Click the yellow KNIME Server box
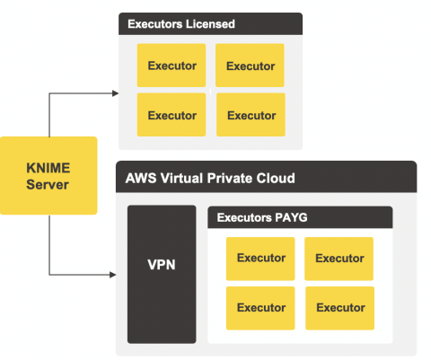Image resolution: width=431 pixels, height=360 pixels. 48,176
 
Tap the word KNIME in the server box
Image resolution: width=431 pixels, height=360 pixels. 48,168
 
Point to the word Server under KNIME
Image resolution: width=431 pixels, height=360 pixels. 48,184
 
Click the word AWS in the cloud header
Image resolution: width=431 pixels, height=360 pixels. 141,178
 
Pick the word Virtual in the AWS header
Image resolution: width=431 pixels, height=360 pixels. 181,178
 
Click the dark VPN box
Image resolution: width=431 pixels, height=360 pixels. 162,274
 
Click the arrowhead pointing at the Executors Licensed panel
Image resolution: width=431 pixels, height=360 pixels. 115,93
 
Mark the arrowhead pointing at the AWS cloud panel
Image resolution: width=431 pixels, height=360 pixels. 113,275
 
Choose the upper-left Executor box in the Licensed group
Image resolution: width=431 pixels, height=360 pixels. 172,66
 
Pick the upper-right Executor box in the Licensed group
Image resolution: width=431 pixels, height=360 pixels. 250,66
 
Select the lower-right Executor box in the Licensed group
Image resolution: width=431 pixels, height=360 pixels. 251,115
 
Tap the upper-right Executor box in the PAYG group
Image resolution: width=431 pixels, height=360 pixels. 339,259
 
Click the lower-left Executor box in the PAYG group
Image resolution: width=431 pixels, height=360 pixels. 260,308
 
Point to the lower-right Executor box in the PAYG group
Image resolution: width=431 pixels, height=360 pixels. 339,308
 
